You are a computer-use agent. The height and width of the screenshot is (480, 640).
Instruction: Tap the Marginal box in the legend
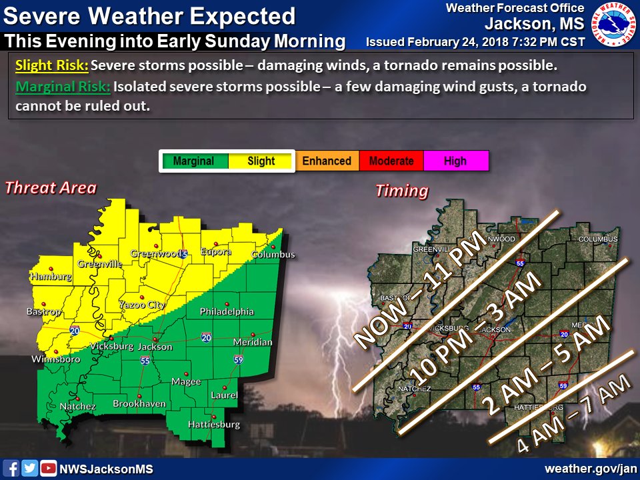[193, 161]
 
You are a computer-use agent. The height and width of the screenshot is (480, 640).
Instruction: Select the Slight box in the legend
[261, 161]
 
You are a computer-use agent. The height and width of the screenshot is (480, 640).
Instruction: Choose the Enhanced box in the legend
[327, 161]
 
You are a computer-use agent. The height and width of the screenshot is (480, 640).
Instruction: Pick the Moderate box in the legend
[391, 161]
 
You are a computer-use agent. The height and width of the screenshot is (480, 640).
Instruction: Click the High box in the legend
[455, 161]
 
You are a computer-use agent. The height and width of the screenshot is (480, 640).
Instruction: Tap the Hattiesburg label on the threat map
[213, 424]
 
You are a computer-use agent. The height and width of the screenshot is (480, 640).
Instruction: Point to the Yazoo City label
[141, 305]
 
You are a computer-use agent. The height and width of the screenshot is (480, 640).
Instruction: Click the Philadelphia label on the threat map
[227, 311]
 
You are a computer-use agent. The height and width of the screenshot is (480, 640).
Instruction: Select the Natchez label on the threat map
[78, 406]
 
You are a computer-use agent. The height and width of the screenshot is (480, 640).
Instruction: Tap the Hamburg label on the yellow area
[51, 276]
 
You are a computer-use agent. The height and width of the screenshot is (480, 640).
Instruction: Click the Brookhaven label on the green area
[139, 403]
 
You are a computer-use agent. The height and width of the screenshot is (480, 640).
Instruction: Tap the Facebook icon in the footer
[11, 469]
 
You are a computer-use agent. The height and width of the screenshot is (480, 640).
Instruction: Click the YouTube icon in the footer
[49, 469]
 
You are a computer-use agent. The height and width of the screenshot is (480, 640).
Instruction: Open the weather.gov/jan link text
[590, 469]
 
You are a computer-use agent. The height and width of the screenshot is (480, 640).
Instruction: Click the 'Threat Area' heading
[51, 188]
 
